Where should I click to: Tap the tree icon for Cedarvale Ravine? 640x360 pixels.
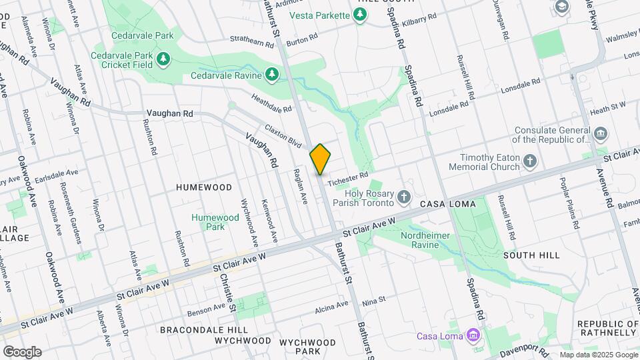coord(271,74)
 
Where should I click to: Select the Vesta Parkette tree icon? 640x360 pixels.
coord(361,15)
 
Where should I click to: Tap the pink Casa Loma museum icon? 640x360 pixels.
coord(473,334)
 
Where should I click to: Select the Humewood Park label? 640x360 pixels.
coord(215,222)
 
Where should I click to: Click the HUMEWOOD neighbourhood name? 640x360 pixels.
coord(204,188)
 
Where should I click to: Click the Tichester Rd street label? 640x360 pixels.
coord(348,176)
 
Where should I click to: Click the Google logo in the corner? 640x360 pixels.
coord(22,351)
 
